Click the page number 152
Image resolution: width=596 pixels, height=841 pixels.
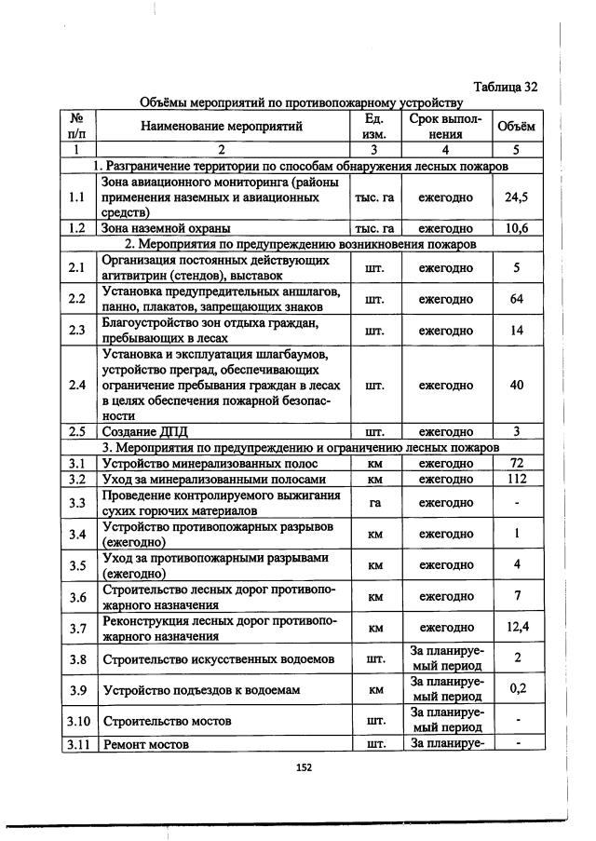[303, 767]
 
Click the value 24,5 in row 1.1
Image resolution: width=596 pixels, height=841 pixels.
[516, 197]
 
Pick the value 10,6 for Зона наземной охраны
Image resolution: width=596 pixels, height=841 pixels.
[516, 228]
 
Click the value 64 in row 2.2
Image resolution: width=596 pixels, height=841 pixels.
[516, 299]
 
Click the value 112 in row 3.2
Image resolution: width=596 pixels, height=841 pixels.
[516, 479]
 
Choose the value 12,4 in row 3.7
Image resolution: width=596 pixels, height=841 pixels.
[516, 627]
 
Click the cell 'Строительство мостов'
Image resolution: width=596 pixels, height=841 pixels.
[167, 721]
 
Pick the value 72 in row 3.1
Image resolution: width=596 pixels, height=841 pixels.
[516, 463]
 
